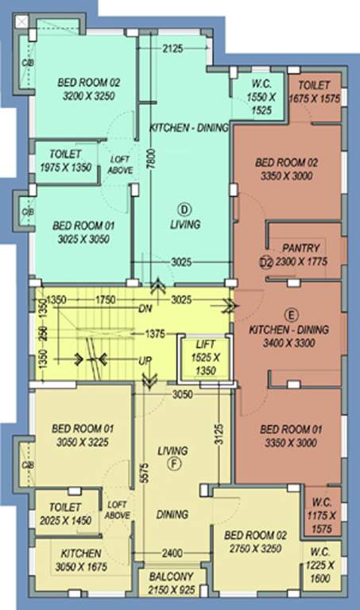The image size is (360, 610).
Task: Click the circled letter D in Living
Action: pos(184,208)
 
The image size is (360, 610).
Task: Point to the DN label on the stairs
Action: pos(145,309)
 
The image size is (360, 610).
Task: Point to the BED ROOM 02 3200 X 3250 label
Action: pos(87,87)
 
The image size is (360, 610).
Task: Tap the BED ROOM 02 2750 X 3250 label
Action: pos(254,542)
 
